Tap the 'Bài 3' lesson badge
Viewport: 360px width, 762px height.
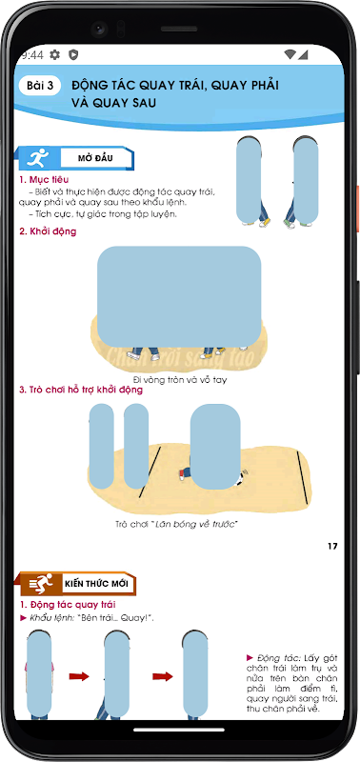[x=40, y=86]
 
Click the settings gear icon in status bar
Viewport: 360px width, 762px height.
[x=55, y=54]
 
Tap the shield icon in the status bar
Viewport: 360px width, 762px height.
[x=73, y=54]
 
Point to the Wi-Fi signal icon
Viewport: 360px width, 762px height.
[x=290, y=54]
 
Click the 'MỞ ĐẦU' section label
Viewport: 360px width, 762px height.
[x=95, y=158]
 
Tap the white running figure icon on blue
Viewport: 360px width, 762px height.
[x=38, y=158]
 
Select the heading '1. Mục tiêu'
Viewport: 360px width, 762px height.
[x=44, y=180]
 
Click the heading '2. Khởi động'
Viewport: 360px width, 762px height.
[x=48, y=231]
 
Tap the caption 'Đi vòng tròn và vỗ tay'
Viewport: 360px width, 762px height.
[x=180, y=379]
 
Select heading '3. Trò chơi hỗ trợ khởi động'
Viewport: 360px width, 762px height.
[x=81, y=390]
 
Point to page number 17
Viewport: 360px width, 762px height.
[x=332, y=546]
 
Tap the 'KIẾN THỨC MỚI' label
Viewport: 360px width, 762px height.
[x=96, y=583]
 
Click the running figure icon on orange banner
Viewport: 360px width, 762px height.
[x=41, y=583]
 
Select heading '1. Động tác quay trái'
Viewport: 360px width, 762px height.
[x=68, y=605]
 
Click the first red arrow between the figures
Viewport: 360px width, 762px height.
[x=79, y=676]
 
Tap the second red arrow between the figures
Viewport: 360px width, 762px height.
[x=163, y=676]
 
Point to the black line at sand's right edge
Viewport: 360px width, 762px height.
[x=303, y=478]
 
